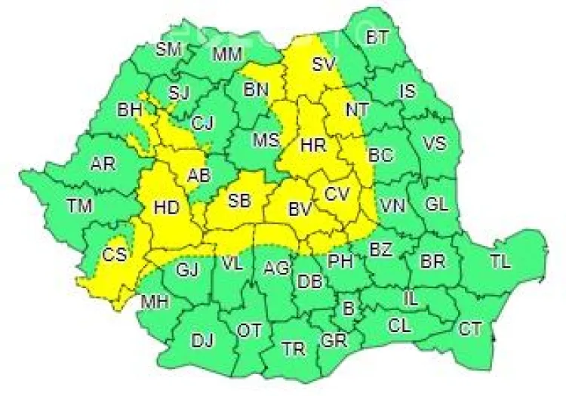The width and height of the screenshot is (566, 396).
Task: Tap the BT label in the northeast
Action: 377,38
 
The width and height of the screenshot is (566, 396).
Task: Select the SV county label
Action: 324,64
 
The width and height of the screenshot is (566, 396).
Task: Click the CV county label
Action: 337,194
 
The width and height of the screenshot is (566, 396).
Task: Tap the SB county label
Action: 240,201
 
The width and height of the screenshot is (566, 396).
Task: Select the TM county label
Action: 77,204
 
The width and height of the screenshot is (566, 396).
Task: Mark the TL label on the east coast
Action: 500,262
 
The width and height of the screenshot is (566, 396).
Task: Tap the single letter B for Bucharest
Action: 348,309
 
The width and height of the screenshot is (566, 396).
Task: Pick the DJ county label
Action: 201,340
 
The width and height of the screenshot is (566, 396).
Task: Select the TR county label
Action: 293,348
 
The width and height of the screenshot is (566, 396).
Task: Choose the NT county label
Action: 356,109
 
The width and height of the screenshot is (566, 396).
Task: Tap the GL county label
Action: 437,204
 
